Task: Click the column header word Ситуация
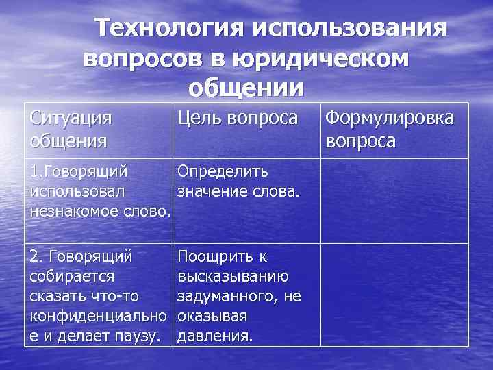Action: pyautogui.click(x=71, y=118)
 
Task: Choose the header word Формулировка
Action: pyautogui.click(x=389, y=118)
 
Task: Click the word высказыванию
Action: pyautogui.click(x=232, y=276)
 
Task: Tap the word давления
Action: pyautogui.click(x=215, y=336)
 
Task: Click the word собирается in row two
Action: pyautogui.click(x=72, y=276)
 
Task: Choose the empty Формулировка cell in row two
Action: pyautogui.click(x=394, y=295)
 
